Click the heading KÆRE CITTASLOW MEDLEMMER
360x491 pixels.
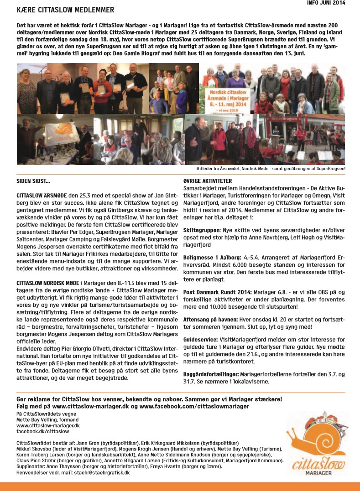65,10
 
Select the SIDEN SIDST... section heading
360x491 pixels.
33,181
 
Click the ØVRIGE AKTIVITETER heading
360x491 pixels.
207,181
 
